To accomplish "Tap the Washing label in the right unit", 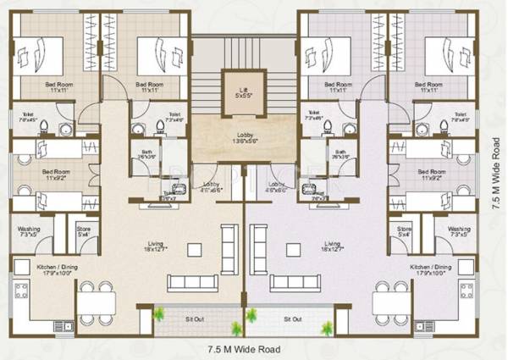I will pyautogui.click(x=459, y=231).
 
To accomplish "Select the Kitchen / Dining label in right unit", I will pyautogui.click(x=431, y=269).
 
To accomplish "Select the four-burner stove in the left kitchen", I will pyautogui.click(x=22, y=292).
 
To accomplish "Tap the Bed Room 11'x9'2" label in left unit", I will pyautogui.click(x=55, y=174).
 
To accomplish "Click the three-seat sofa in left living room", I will pyautogui.click(x=226, y=246).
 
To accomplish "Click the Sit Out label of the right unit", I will pyautogui.click(x=292, y=319).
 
